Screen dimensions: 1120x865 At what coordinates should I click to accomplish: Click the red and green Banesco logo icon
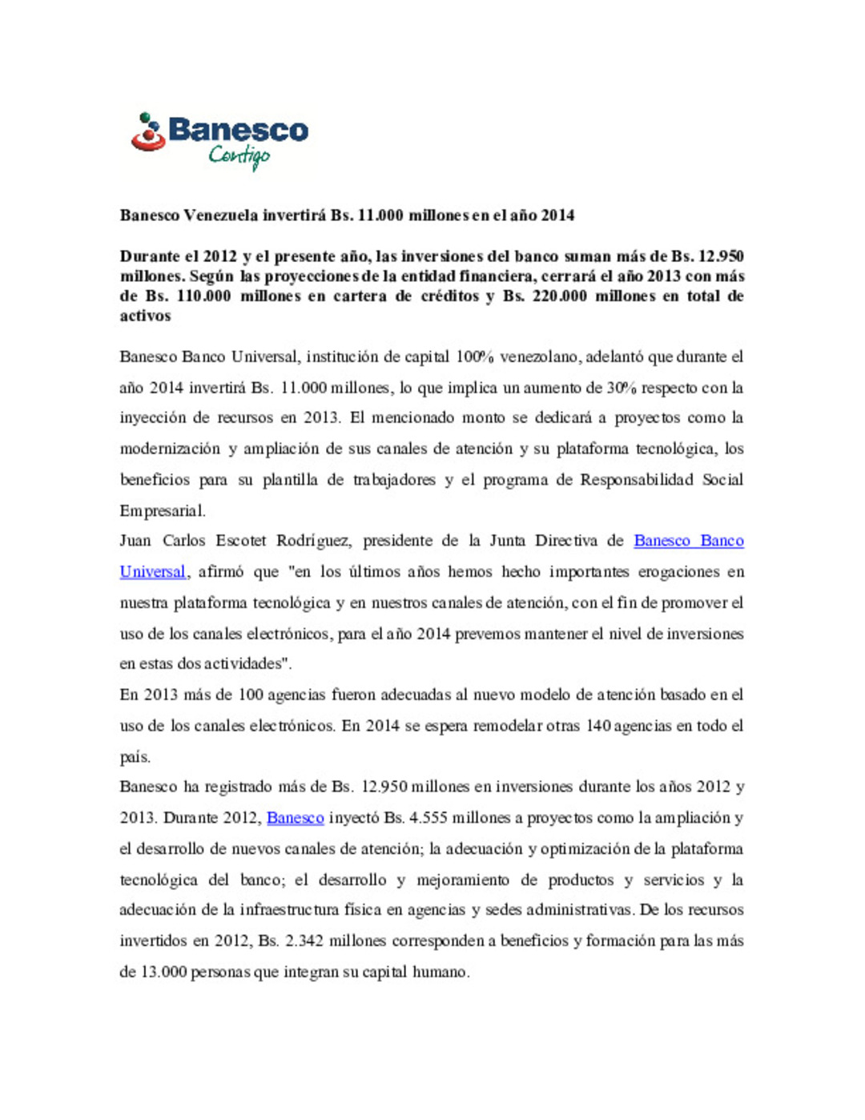(x=148, y=133)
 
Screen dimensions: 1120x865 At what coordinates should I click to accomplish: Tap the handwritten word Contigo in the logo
(x=239, y=155)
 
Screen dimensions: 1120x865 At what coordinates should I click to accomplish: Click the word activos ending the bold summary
(x=145, y=316)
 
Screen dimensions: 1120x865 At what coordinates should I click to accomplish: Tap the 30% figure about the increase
(x=622, y=388)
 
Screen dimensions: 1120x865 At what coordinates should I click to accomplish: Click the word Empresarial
(x=163, y=510)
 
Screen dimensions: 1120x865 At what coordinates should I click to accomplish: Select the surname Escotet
(x=240, y=541)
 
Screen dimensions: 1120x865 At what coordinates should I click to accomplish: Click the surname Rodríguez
(x=313, y=541)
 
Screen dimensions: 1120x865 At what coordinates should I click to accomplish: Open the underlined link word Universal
(x=152, y=572)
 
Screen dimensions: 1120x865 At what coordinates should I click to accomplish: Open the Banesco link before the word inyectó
(x=295, y=818)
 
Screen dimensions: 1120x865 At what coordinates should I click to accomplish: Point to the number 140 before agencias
(x=598, y=726)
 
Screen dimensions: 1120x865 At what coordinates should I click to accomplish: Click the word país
(x=135, y=757)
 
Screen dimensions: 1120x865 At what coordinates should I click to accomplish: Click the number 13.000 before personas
(x=163, y=972)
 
